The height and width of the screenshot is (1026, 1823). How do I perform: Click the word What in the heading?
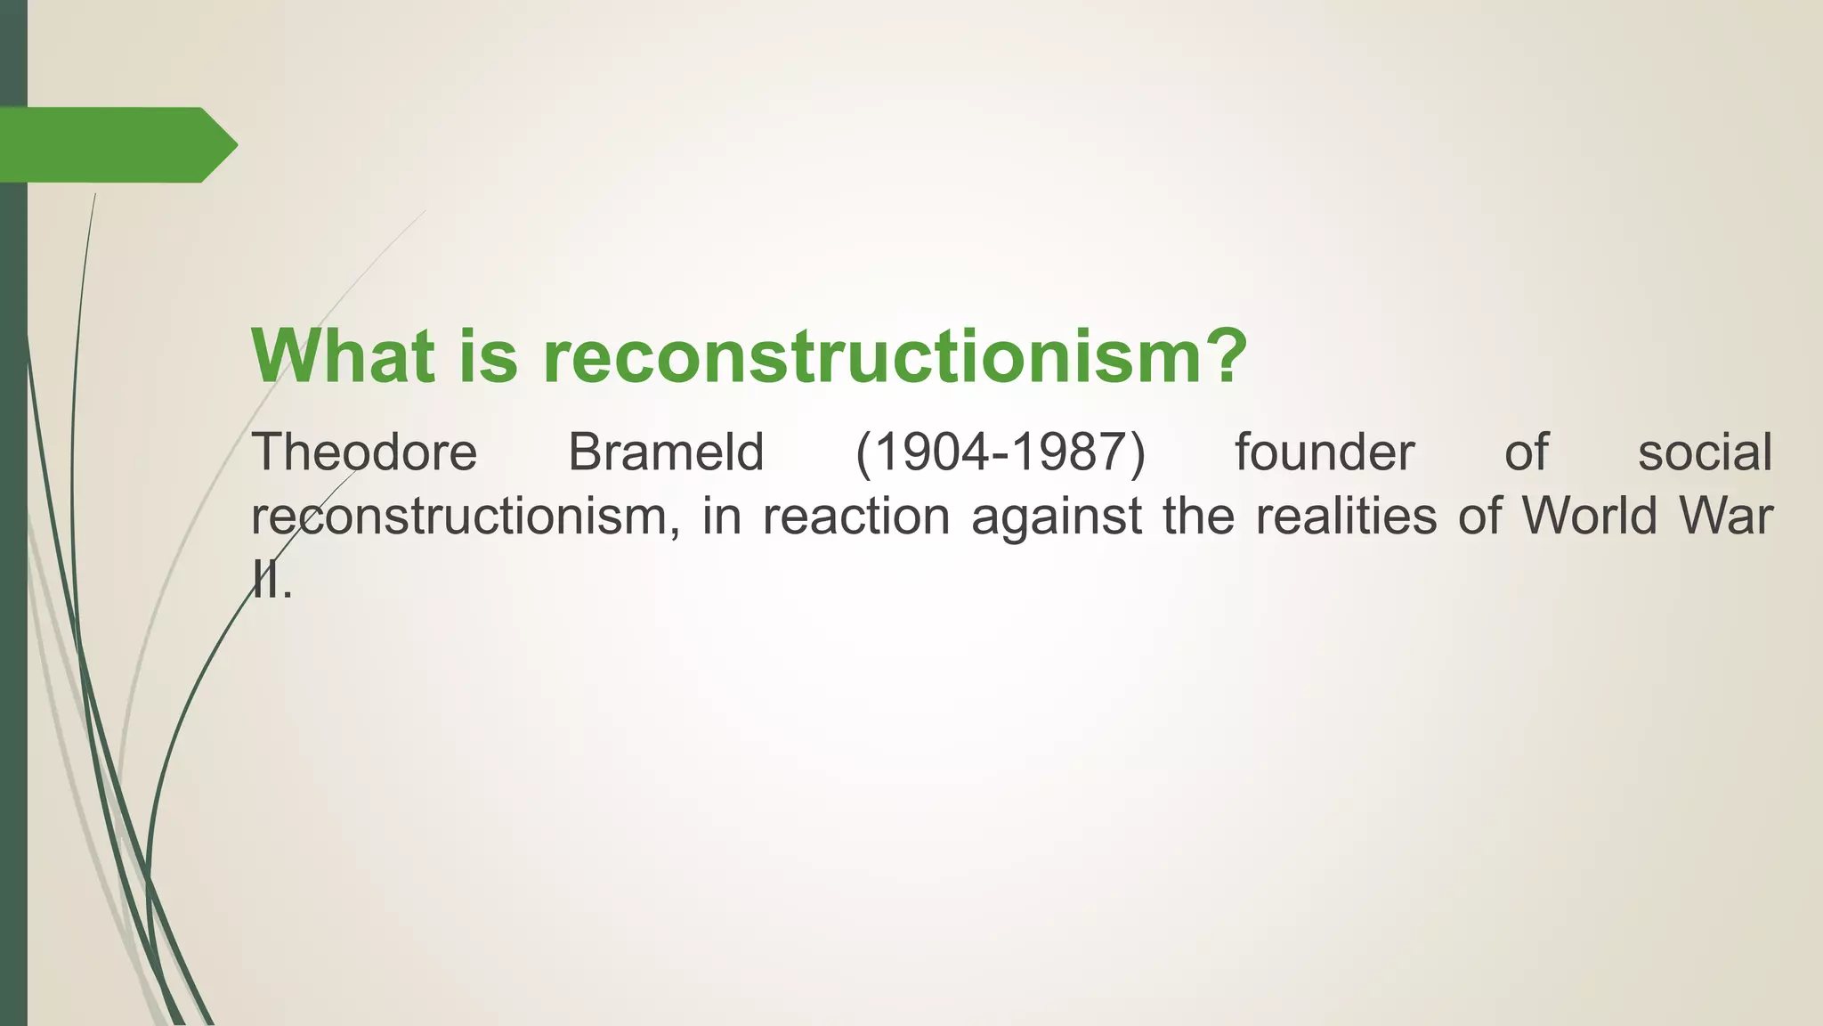344,355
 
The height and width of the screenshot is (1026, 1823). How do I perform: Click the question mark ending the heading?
1220,355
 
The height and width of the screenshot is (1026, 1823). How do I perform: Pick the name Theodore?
365,452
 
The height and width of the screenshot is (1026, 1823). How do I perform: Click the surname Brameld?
666,452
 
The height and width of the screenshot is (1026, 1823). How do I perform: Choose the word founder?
1324,452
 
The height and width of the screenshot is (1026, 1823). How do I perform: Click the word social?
1705,452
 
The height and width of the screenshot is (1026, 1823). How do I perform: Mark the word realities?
1346,517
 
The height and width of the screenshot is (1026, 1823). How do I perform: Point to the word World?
1590,517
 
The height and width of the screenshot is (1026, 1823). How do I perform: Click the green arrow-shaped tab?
116,145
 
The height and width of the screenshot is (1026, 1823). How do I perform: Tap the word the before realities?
1198,517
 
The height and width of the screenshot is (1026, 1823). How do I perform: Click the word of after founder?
1526,452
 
